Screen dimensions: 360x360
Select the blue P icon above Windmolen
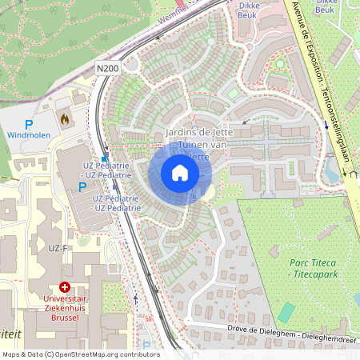tap(29, 125)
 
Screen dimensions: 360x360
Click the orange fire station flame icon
tap(65, 118)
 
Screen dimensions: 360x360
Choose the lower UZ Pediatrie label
tap(117, 202)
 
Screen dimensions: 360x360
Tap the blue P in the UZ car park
tap(82, 186)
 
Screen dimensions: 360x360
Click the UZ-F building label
tap(58, 249)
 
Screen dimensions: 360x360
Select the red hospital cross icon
tap(65, 286)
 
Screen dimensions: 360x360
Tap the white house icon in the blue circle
tap(179, 173)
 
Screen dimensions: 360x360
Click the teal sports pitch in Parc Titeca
tap(286, 312)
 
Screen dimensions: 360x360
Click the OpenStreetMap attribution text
tap(81, 354)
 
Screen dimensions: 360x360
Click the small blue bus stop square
tap(105, 159)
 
